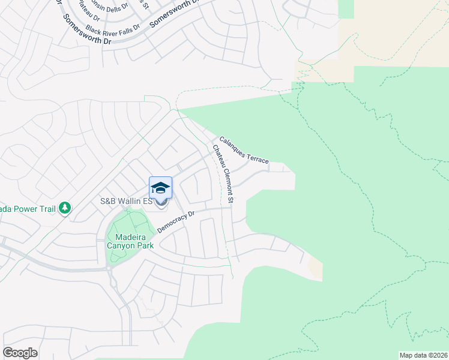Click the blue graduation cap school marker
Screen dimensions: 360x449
coord(160,188)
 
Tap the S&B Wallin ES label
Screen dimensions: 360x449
coord(125,202)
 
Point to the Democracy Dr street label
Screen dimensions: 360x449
coord(176,221)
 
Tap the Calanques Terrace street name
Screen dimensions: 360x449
coord(243,151)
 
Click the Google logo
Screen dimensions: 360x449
coord(20,353)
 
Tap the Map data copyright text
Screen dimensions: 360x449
coord(424,355)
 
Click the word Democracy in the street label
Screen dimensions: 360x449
coord(172,224)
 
